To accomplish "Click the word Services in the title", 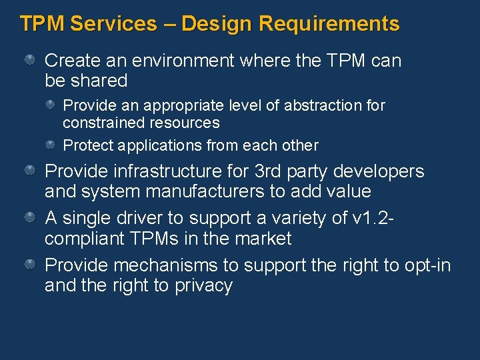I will click(113, 24).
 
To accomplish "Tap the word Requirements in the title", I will click(329, 24).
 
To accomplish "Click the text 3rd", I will click(269, 171).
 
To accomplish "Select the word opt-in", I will click(428, 265).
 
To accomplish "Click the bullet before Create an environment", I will click(30, 61).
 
